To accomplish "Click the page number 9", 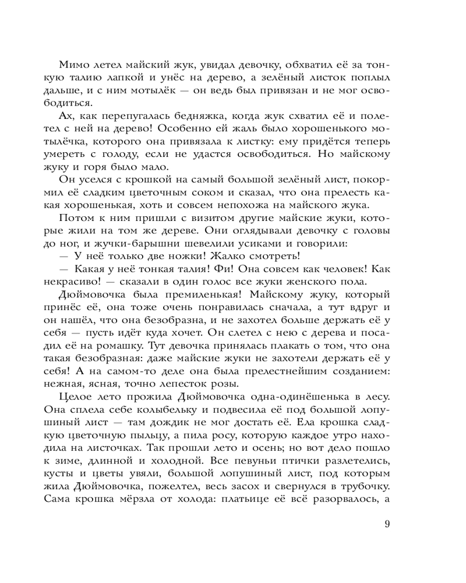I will [387, 524].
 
